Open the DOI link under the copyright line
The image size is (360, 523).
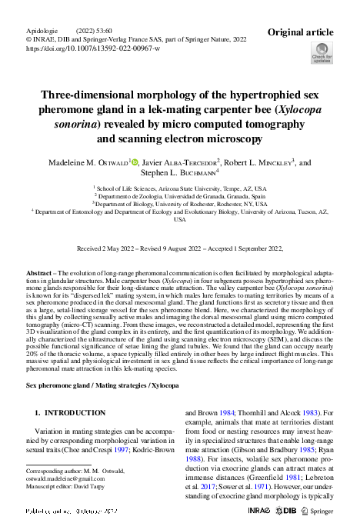tap(93, 48)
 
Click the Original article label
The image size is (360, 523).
tap(300, 32)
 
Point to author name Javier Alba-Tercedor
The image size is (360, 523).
tap(182, 163)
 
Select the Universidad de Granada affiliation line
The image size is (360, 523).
tap(179, 195)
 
